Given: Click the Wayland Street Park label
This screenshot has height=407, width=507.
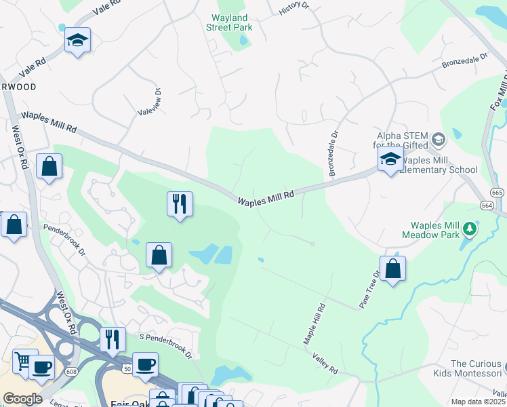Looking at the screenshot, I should pyautogui.click(x=231, y=22).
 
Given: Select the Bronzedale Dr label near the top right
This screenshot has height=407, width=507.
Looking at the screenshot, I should pyautogui.click(x=465, y=62).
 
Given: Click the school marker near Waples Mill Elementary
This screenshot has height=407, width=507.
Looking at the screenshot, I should pyautogui.click(x=390, y=160).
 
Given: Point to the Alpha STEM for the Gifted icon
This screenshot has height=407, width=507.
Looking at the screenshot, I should pyautogui.click(x=438, y=140).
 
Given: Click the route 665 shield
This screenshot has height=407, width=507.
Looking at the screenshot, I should pyautogui.click(x=498, y=193).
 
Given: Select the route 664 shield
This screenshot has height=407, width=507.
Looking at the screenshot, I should pyautogui.click(x=487, y=205).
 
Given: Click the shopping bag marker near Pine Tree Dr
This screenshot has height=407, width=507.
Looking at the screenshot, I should pyautogui.click(x=392, y=269).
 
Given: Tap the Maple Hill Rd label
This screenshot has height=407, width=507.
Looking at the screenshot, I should pyautogui.click(x=315, y=324).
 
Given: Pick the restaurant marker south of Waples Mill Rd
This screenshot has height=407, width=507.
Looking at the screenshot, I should pyautogui.click(x=180, y=203).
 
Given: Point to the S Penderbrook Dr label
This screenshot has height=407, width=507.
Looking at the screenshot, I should pyautogui.click(x=166, y=346).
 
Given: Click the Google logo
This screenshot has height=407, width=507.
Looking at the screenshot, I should pyautogui.click(x=22, y=398).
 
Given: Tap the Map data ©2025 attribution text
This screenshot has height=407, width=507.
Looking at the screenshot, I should pyautogui.click(x=478, y=402).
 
